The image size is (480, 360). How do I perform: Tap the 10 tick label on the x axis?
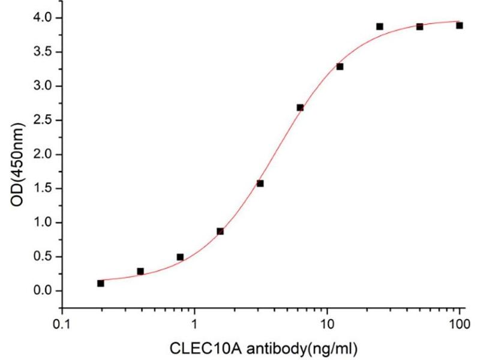327,324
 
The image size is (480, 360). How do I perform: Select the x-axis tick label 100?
460,324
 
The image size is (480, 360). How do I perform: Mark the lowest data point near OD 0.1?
100,283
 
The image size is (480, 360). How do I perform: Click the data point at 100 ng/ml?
460,25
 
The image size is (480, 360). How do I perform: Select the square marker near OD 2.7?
300,107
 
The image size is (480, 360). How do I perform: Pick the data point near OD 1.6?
260,183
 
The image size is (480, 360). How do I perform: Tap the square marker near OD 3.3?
340,66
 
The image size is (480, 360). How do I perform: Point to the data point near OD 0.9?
220,231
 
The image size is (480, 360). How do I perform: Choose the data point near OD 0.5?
180,257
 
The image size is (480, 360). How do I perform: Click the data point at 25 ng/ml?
380,26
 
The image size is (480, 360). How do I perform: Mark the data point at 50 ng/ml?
419,26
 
